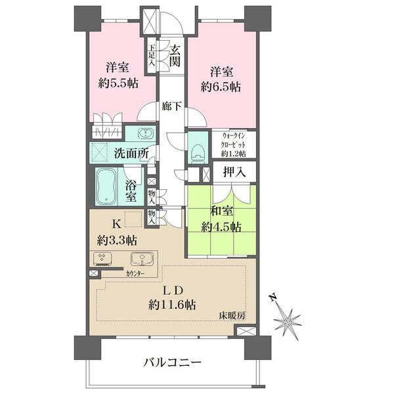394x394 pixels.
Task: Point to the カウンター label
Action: point(137,273)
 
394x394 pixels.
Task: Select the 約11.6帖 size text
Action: point(172,304)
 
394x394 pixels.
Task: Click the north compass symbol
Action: point(286,322)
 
